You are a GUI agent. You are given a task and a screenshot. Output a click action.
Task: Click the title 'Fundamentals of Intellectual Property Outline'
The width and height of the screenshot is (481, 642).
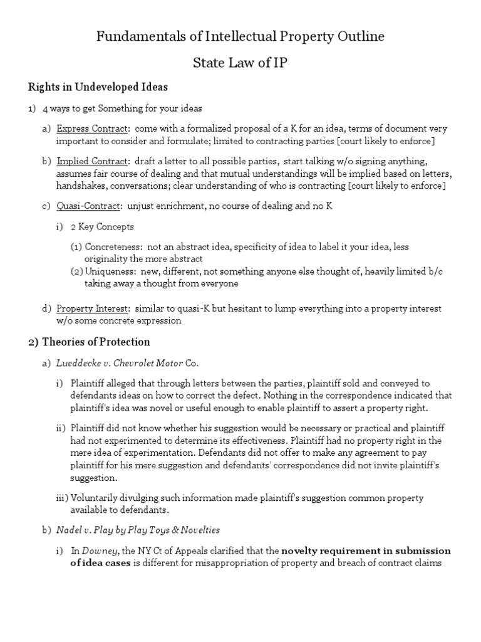240,37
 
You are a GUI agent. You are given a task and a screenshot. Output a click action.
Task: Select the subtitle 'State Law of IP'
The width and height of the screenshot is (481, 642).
240,63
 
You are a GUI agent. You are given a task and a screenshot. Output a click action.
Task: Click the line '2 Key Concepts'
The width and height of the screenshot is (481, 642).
101,226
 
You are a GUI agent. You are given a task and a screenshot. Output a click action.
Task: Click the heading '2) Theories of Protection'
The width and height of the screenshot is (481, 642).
88,342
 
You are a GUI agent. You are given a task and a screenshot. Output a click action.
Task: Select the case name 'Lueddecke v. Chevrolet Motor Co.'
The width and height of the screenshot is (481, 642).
128,363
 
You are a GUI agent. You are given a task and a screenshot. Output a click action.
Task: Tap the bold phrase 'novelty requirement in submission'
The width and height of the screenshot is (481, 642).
366,551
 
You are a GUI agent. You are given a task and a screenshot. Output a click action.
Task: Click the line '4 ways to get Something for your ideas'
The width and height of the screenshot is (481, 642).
122,108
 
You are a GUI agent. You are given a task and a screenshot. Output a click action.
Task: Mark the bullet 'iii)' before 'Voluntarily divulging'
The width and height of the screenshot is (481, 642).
62,498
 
